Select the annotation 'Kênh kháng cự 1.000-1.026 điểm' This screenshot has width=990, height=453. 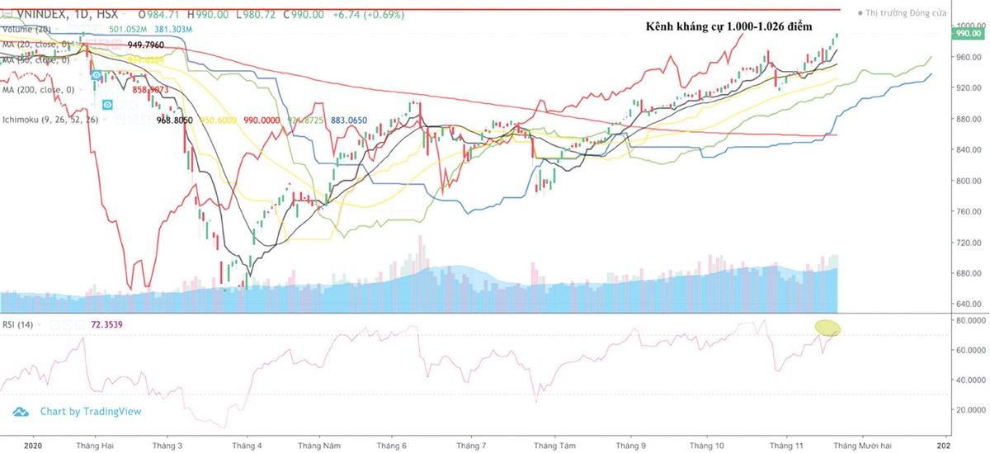[x=728, y=27]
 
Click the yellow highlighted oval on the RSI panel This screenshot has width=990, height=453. [x=827, y=328]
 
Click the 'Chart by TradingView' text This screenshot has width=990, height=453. [x=91, y=411]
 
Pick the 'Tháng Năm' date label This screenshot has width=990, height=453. [x=320, y=444]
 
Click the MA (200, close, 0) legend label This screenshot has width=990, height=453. [x=38, y=88]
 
